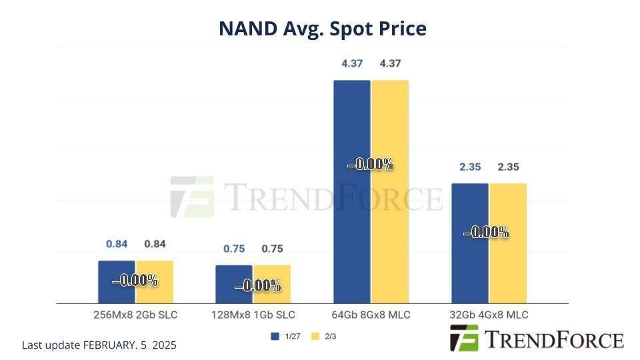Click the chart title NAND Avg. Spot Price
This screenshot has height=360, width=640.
pos(323,29)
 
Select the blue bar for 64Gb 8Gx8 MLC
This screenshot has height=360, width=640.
pos(351,220)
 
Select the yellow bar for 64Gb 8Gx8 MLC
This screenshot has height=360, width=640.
pos(390,220)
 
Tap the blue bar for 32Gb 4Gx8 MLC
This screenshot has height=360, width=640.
pos(470,267)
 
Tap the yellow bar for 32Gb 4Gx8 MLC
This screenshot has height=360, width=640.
pos(508,267)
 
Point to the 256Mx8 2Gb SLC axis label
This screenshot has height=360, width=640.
pos(135,315)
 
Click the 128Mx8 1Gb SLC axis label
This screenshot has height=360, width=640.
pos(253,315)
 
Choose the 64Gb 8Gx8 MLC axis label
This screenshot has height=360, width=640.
pos(371,315)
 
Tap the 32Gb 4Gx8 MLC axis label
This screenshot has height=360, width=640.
pos(489,315)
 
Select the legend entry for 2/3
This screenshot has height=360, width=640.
pos(324,337)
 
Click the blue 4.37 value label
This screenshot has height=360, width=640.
pos(351,63)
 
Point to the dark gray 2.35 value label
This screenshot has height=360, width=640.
pos(508,167)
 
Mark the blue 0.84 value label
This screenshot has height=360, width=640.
pos(117,244)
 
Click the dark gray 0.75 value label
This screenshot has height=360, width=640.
pos(272,249)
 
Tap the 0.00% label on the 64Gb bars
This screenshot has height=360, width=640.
pos(371,164)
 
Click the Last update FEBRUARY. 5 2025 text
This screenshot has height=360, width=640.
pos(99,345)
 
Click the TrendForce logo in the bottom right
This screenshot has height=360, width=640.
pos(537,339)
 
